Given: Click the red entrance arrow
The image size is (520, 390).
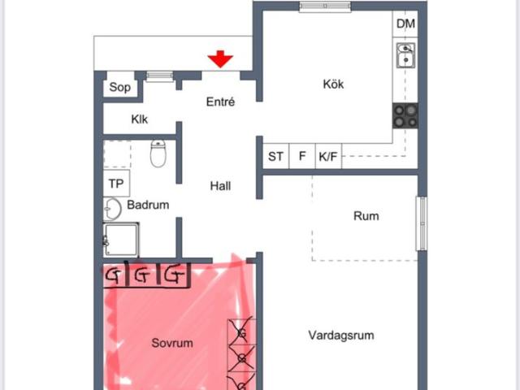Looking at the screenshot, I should tap(220, 59).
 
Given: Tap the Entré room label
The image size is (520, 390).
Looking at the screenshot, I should tap(220, 102).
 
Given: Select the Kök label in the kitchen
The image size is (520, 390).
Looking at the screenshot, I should tap(334, 84).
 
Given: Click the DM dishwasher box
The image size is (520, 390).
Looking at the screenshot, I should tap(405, 24).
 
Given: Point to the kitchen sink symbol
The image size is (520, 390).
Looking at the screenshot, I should tap(405, 56).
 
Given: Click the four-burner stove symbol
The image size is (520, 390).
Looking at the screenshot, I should tap(405, 115).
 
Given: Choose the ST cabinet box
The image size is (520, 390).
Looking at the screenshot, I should tap(276, 156).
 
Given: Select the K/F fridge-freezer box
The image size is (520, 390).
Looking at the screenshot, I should tap(328, 156).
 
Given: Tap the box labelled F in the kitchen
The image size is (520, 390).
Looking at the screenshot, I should tap(302, 156).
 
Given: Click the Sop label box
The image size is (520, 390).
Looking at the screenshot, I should tap(120, 87).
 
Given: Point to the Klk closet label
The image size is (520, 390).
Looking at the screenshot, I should tap(140, 119).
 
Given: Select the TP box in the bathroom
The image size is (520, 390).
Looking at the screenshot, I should tap(116, 183).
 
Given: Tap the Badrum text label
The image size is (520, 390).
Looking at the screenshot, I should tap(148, 206).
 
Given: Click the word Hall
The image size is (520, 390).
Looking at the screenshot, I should tap(220, 186).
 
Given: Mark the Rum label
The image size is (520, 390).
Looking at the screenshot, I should tap(366, 216).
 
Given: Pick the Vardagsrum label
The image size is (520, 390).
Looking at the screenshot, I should tap(340, 335).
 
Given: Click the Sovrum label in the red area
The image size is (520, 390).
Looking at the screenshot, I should tap(172, 343).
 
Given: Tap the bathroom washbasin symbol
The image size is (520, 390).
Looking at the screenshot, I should tap(112, 210).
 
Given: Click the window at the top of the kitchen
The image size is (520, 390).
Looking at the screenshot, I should tap(325, 7).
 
